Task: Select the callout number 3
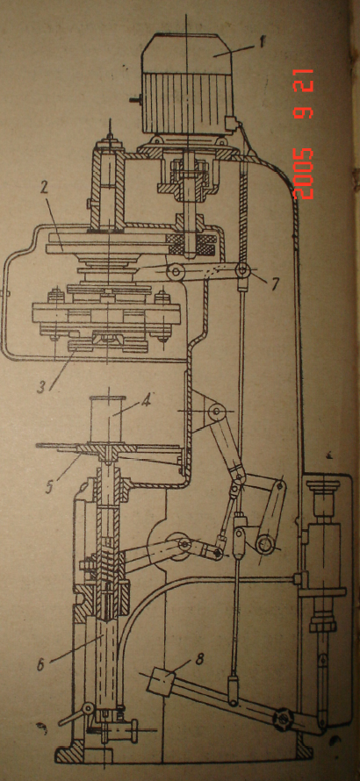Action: point(42,386)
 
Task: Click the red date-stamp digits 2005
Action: point(304,174)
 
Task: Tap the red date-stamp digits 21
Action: point(304,81)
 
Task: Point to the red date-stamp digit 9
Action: point(304,111)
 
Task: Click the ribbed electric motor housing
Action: point(187,84)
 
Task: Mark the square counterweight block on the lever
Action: point(160,680)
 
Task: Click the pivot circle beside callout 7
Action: point(243,271)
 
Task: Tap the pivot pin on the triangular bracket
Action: point(216,412)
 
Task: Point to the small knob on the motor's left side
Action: point(134,100)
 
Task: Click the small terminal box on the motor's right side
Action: point(230,123)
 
